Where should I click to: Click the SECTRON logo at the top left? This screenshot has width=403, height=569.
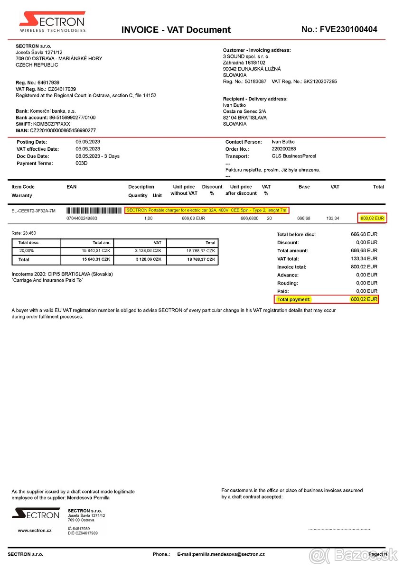point(52,22)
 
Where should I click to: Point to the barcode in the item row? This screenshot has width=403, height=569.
point(94,211)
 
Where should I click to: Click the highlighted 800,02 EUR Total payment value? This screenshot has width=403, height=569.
point(364,300)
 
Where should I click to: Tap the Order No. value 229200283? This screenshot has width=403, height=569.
point(284,149)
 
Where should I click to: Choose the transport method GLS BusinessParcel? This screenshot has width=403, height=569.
point(294,156)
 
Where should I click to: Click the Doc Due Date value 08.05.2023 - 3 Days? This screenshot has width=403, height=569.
point(97,156)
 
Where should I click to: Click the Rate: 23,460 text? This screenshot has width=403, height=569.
point(24,233)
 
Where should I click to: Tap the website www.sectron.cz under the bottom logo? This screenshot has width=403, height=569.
point(35,531)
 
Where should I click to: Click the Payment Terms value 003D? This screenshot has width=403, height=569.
point(82,163)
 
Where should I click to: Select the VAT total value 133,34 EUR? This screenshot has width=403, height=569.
point(364,259)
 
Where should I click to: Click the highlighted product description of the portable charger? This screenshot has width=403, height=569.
point(207,210)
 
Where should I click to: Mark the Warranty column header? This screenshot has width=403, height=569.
point(21,195)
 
